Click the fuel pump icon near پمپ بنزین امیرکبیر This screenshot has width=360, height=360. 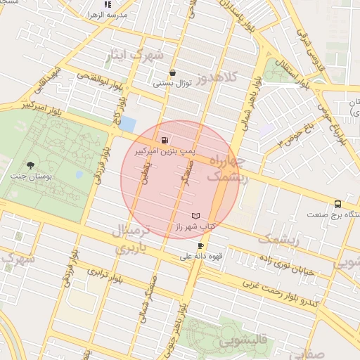click(165, 140)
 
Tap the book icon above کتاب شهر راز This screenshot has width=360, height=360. click(195, 216)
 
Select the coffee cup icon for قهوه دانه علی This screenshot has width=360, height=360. click(201, 245)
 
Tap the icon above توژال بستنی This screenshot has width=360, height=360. click(172, 72)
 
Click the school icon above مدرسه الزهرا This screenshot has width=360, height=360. click(107, 4)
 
